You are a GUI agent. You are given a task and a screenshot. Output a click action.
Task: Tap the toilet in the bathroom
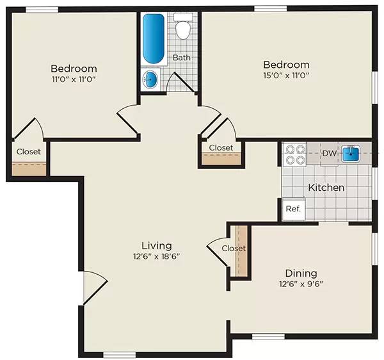click(183, 29)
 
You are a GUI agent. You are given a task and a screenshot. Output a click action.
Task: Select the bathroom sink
click(150, 80)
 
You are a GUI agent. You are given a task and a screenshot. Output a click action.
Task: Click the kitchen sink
click(351, 154)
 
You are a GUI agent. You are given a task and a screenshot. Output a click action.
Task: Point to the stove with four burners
click(295, 154)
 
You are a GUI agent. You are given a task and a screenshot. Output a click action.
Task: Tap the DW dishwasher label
click(329, 153)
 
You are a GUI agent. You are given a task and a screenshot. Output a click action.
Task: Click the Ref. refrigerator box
click(293, 209)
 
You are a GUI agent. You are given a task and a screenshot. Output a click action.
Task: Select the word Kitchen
click(326, 188)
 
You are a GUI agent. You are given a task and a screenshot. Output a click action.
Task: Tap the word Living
click(157, 245)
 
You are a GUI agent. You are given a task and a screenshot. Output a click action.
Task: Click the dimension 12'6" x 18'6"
click(157, 256)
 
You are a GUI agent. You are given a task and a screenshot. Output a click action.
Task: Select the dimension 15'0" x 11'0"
click(287, 76)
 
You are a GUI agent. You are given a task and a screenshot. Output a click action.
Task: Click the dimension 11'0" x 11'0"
click(74, 80)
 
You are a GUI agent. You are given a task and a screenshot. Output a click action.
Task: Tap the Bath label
click(182, 58)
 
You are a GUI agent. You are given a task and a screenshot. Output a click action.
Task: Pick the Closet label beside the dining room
click(234, 248)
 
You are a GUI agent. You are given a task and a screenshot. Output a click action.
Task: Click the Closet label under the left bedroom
click(29, 152)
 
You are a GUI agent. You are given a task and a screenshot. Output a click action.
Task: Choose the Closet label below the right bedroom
click(221, 148)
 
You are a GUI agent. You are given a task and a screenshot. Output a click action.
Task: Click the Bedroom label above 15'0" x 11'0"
click(287, 65)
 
